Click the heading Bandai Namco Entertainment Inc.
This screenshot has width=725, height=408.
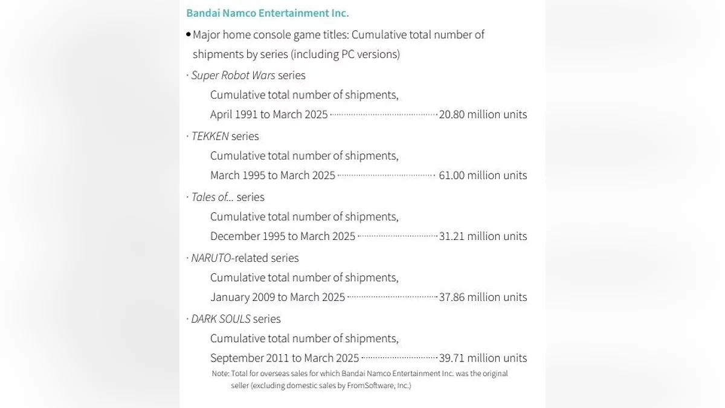(267, 13)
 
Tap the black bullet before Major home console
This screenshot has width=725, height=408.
(188, 35)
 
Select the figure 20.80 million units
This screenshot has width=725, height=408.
(483, 115)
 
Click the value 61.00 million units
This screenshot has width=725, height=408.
(483, 176)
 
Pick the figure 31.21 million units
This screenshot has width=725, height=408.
(483, 236)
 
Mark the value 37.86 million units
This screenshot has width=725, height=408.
(483, 297)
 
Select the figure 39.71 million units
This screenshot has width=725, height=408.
(483, 358)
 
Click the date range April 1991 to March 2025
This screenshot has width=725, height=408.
(269, 115)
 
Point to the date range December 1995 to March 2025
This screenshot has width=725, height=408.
(283, 236)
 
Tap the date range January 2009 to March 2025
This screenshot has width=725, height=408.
(277, 297)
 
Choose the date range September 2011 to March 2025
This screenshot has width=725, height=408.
(285, 358)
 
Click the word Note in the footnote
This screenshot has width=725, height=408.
(219, 374)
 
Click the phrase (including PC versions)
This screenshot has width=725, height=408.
(345, 54)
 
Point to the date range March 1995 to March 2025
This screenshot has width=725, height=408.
(272, 176)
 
